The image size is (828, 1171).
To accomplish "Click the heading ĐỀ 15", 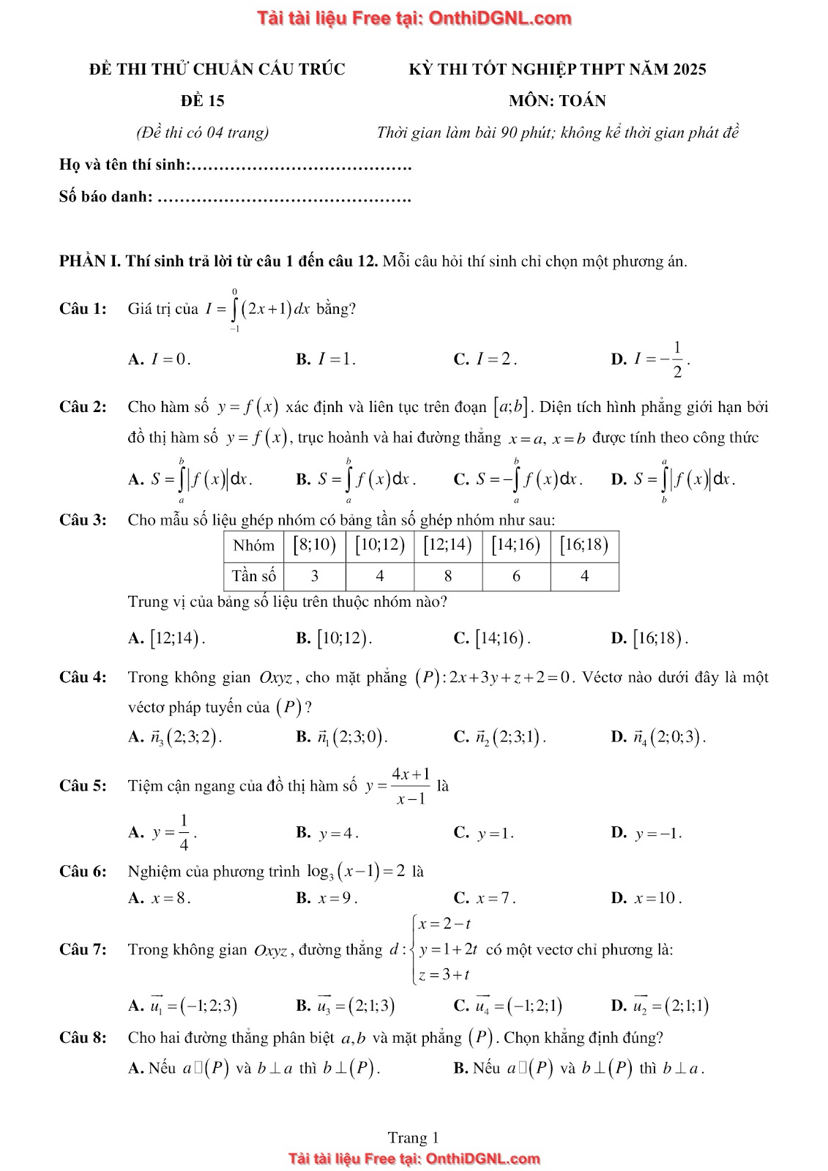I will [203, 101].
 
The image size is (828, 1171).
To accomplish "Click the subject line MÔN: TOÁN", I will [557, 101].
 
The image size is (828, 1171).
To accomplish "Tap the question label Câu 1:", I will [83, 309].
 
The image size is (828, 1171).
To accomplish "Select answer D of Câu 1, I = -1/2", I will [650, 359].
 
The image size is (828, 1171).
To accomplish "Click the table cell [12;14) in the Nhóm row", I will [447, 545].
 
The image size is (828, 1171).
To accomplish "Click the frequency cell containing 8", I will [447, 576].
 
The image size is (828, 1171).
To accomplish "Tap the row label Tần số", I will [253, 576].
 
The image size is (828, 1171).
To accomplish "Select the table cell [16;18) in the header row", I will [584, 545].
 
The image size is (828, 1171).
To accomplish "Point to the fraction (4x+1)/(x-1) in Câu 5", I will [411, 786].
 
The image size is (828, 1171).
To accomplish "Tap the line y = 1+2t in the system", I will [448, 949].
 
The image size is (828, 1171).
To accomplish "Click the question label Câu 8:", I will [83, 1038].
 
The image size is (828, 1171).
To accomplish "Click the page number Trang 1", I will [414, 1137].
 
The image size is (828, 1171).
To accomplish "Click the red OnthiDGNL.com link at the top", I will [414, 18].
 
